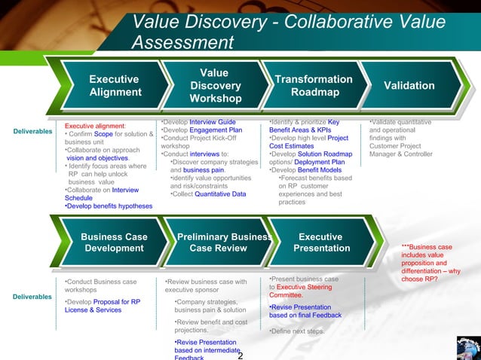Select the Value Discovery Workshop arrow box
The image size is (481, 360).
tap(214, 86)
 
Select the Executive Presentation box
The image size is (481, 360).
tap(321, 243)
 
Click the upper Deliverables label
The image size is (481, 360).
tap(32, 133)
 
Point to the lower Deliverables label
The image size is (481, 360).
tap(32, 296)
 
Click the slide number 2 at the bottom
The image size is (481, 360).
tap(240, 355)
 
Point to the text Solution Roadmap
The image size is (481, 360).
tap(324, 154)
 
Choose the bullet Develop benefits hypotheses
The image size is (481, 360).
tap(109, 206)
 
